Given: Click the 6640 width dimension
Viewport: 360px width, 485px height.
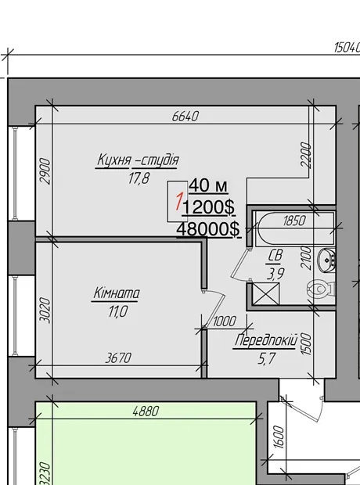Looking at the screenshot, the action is coord(185,117).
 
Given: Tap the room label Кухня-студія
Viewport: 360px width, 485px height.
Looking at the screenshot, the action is coord(138,160).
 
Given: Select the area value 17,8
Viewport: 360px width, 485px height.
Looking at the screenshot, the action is coord(139,178).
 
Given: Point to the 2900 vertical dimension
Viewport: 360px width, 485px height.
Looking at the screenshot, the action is coord(46,171).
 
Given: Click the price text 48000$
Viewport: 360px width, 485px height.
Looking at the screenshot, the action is coord(208,229).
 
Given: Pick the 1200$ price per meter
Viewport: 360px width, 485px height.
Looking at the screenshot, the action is coord(208,207).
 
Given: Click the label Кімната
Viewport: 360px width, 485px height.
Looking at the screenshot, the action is coord(116,293).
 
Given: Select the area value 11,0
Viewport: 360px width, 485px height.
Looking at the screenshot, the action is coord(117,311).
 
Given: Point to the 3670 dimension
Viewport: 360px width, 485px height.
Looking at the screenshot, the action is coord(118,358).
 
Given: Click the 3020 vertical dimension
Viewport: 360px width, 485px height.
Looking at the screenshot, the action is coord(46,311).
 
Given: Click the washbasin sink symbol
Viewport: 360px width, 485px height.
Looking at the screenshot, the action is coord(327,260).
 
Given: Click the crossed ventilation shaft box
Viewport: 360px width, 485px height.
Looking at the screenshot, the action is coord(265,293).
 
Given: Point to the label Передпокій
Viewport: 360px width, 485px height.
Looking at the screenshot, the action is coord(266,340).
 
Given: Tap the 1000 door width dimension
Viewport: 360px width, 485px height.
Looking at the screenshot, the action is coord(225,322).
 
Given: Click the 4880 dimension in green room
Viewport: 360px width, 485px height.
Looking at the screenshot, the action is coord(146,411).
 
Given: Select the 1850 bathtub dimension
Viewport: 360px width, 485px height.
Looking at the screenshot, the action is coord(294,221).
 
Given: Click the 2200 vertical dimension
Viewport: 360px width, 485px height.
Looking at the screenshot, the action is coord(305,155).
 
